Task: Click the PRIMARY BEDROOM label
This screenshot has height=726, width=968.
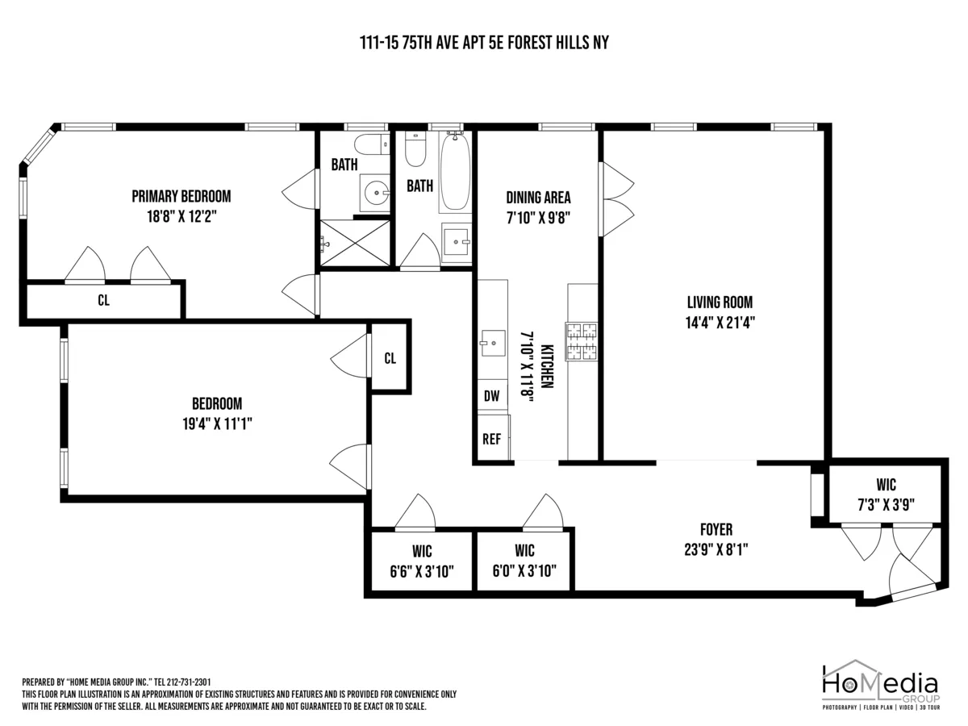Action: click(181, 196)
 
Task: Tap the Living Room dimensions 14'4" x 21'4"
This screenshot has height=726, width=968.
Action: click(720, 320)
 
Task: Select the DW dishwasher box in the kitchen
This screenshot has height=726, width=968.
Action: click(491, 396)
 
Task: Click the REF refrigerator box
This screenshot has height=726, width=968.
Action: click(491, 439)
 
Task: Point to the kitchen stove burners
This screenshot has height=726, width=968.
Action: click(582, 340)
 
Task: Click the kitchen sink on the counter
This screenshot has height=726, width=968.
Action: click(490, 343)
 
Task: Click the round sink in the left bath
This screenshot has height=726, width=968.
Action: click(374, 192)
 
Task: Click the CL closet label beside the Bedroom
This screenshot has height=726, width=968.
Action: click(390, 358)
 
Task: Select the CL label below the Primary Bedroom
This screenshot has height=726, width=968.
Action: click(103, 301)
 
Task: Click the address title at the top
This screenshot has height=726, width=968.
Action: click(484, 43)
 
